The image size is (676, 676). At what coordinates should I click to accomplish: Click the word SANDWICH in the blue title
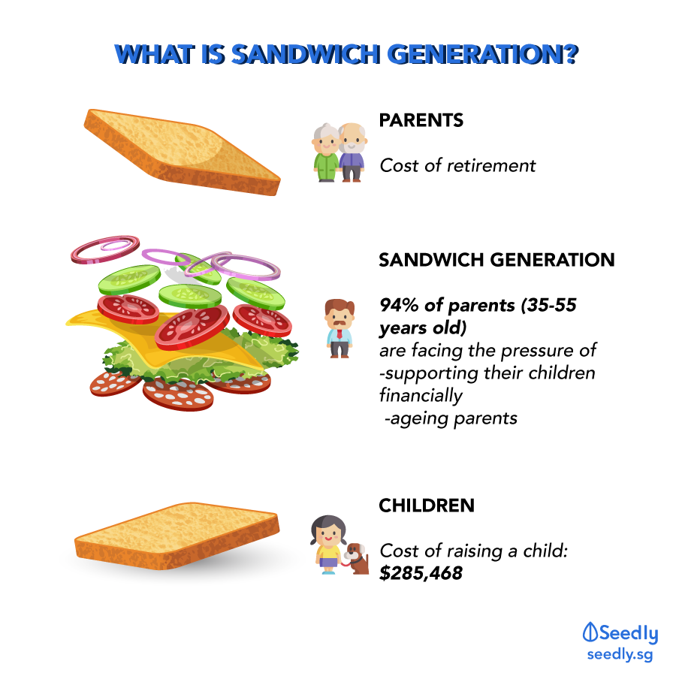306,55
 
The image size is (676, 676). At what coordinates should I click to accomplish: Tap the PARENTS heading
421,120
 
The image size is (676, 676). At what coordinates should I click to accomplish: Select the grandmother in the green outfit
326,152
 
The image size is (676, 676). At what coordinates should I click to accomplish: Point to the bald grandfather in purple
352,152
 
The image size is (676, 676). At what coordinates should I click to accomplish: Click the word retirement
491,165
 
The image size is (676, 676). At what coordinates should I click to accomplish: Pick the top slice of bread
182,152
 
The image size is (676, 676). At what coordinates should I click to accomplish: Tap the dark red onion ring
105,249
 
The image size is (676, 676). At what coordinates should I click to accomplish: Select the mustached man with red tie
340,328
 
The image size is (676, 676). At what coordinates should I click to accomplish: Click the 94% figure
400,305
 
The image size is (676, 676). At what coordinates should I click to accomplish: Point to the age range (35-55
548,305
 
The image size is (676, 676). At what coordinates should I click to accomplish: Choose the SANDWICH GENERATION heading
496,260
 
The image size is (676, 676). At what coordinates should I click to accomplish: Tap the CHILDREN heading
427,505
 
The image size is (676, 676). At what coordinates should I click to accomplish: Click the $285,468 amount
421,573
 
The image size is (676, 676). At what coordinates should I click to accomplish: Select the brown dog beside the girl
356,558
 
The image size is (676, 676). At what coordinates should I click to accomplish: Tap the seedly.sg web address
620,654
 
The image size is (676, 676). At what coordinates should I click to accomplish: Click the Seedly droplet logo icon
590,632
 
